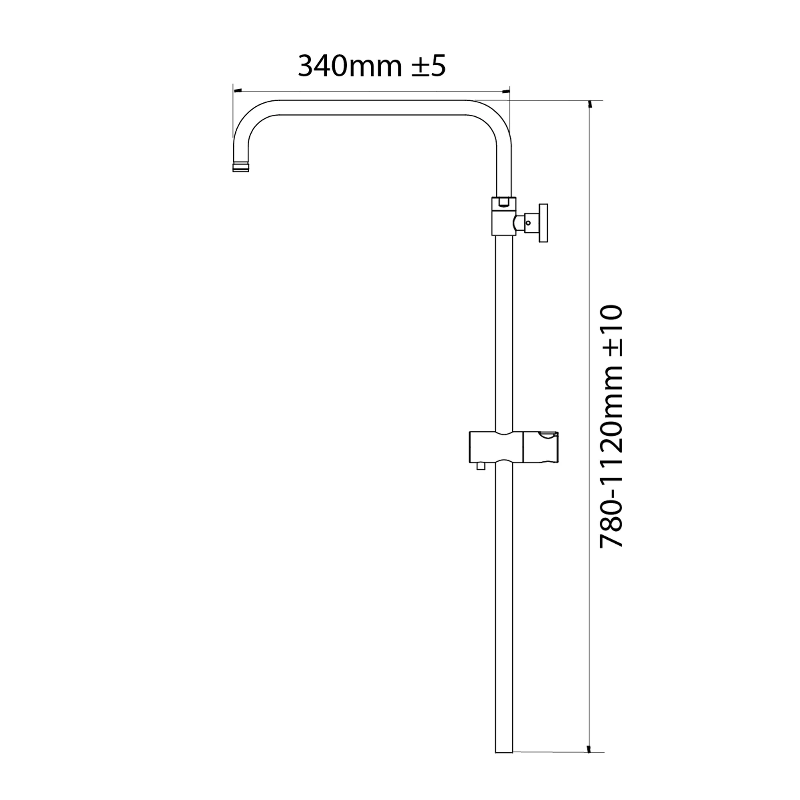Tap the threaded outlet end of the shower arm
241,167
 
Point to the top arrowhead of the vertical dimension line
590,104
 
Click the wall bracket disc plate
543,223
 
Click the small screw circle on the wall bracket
528,223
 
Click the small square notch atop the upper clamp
504,202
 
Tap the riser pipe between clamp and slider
504,331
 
